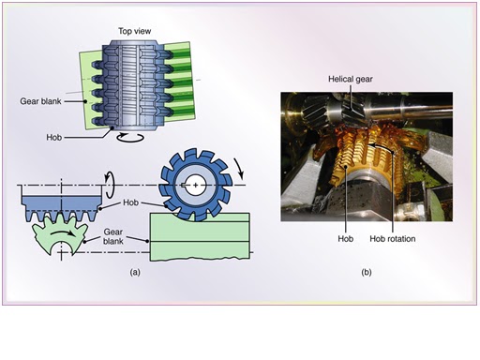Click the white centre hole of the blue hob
tap(195, 185)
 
